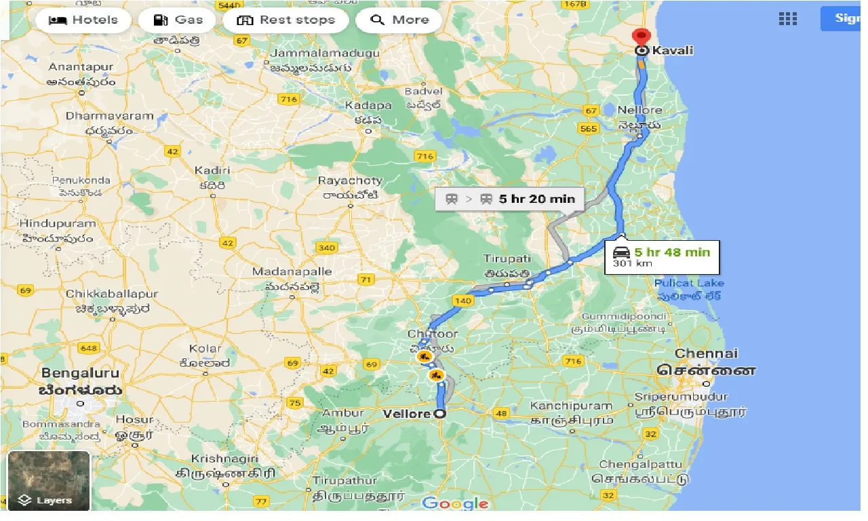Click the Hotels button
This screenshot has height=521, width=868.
pos(83,20)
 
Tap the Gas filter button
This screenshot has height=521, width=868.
pos(179,20)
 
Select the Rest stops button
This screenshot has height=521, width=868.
pos(285,20)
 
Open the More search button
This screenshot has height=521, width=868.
pos(399,20)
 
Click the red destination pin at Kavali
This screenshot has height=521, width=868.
pos(639,37)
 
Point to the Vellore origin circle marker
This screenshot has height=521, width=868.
pos(439,414)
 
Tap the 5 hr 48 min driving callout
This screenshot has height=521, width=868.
pos(661,257)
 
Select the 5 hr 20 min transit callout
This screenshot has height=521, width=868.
pos(509,199)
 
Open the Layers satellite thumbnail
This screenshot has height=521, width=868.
pos(49,480)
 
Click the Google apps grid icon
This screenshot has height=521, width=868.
pos(787,19)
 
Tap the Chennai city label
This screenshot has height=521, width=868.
pos(706,353)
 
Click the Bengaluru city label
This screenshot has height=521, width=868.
pos(80,373)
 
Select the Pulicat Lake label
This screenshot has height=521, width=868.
pos(689,283)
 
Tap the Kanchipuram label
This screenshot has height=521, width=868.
pos(571,406)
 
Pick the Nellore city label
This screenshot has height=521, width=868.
pos(639,110)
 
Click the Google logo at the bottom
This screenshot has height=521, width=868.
pos(455,503)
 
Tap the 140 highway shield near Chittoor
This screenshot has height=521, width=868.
pos(463,301)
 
